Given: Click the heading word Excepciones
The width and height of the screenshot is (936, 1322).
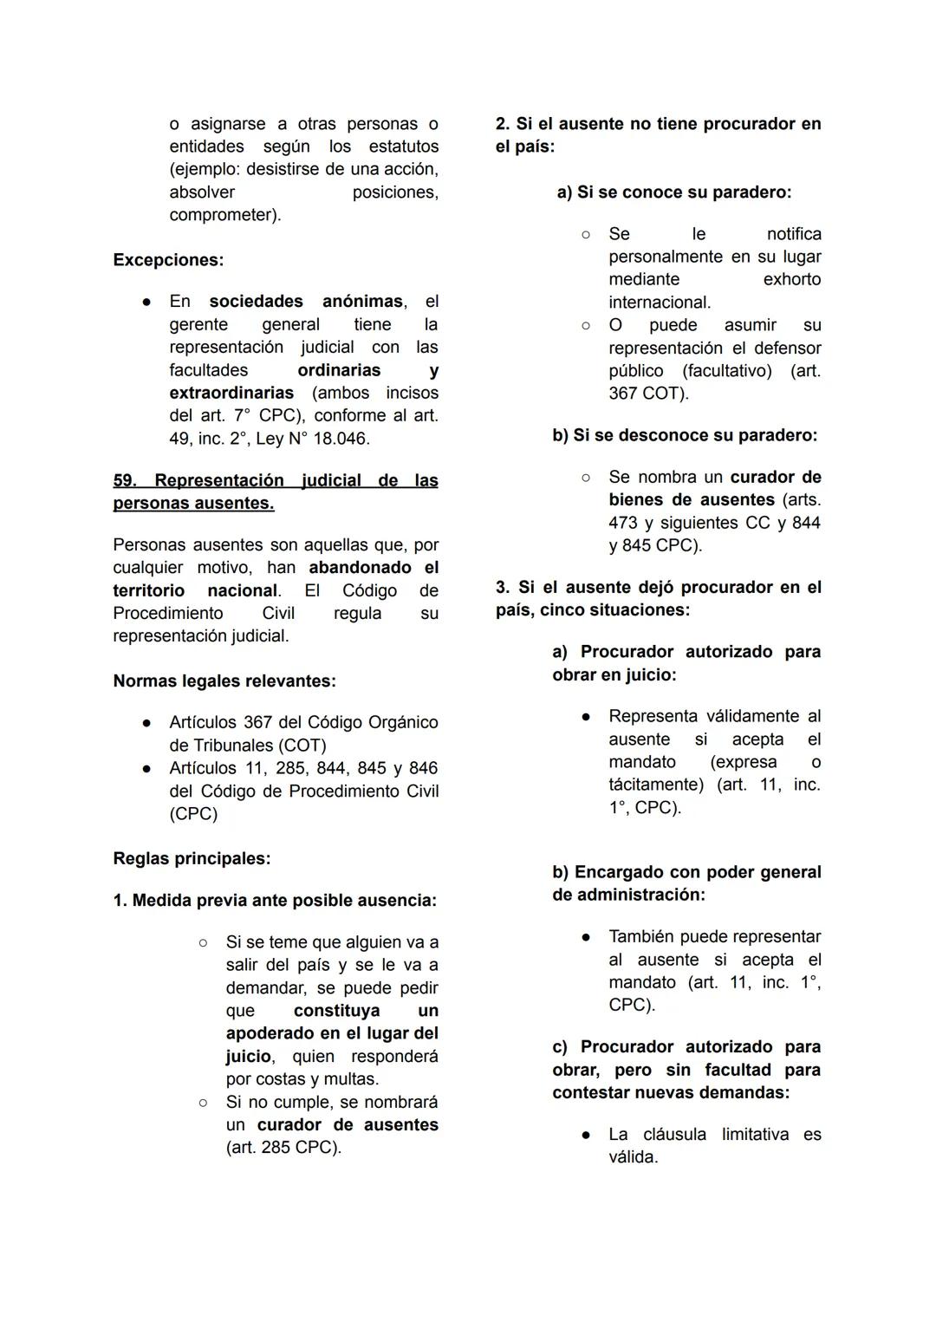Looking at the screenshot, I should [167, 260].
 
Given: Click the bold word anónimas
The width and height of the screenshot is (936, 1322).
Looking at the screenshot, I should [362, 302].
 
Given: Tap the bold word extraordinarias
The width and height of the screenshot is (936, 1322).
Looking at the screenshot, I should [231, 393].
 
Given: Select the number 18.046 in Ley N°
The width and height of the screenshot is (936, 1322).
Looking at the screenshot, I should [341, 439].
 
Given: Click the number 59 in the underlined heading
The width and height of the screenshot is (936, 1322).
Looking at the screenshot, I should [124, 480].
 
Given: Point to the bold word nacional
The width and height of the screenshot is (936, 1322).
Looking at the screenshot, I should [242, 590].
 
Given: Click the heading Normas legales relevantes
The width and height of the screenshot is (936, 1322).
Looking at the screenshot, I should [224, 681].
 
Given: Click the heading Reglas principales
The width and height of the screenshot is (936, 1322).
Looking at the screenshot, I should [192, 859].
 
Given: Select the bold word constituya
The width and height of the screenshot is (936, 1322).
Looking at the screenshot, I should [336, 1011].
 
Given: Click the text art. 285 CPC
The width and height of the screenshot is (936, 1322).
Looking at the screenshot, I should [283, 1148].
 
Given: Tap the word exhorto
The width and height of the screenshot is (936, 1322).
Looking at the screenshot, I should [791, 279].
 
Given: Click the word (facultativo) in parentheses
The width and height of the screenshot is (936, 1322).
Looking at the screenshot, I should [726, 371].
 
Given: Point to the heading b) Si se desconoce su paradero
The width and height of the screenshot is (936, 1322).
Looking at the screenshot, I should [685, 435].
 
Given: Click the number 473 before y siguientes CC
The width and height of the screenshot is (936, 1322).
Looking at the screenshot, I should [623, 523].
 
